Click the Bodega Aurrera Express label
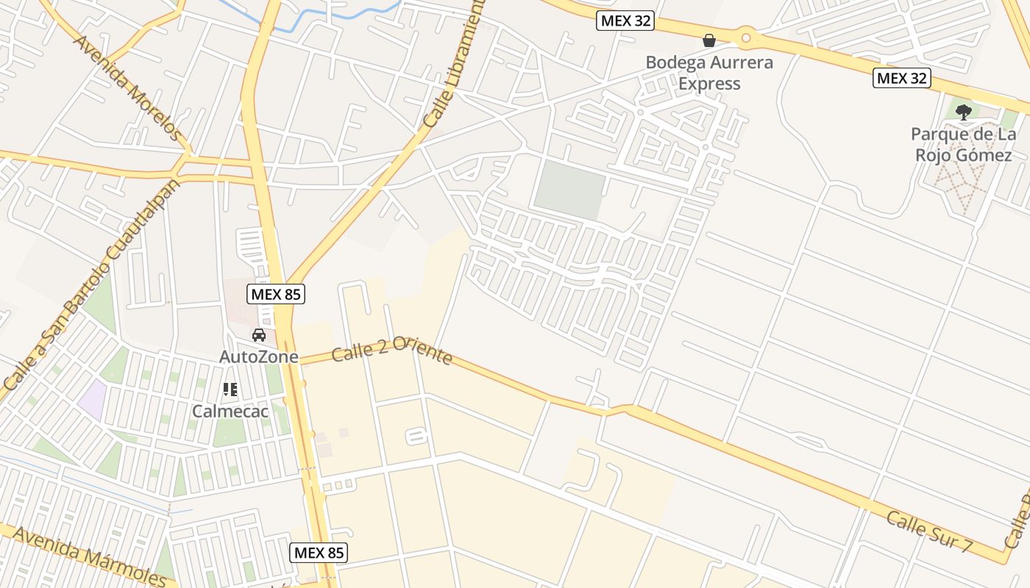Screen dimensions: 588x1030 point(709,73)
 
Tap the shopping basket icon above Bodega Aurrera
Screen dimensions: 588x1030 point(709,40)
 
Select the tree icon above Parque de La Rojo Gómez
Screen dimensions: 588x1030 point(963,112)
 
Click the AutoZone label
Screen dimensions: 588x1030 point(259,356)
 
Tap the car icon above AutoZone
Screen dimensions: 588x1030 point(259,335)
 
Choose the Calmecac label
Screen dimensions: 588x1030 point(230,411)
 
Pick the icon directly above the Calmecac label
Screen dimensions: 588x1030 point(230,390)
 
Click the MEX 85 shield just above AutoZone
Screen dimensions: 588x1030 point(275,294)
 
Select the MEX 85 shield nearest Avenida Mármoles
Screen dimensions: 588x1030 point(319,552)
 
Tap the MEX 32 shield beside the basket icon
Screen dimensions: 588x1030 point(625,21)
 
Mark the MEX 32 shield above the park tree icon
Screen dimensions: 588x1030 point(902,77)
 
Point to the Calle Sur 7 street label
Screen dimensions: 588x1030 point(929,531)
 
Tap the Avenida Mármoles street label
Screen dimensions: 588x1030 point(90,556)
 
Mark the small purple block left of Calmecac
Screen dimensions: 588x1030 point(92,401)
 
